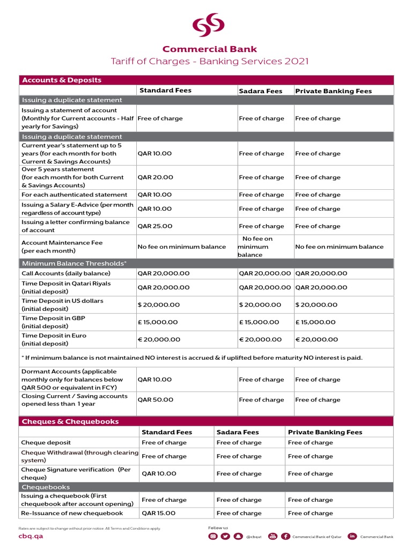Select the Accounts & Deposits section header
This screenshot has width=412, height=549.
pyautogui.click(x=61, y=80)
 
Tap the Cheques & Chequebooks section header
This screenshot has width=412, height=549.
pyautogui.click(x=70, y=421)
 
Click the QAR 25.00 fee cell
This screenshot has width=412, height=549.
pyautogui.click(x=155, y=226)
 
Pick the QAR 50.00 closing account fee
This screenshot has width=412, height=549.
pyautogui.click(x=155, y=400)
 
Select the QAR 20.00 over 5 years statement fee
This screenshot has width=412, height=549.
pyautogui.click(x=155, y=177)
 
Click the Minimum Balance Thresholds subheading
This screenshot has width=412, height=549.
pyautogui.click(x=74, y=263)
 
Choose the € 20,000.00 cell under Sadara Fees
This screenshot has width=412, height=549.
pyautogui.click(x=260, y=339)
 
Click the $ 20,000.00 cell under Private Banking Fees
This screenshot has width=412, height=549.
pyautogui.click(x=317, y=305)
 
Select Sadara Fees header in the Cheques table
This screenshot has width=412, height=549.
pyautogui.click(x=238, y=432)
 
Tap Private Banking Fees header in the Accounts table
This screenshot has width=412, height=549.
pyautogui.click(x=333, y=91)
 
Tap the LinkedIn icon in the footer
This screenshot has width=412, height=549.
pyautogui.click(x=352, y=536)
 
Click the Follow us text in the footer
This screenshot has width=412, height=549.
pyautogui.click(x=218, y=528)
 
